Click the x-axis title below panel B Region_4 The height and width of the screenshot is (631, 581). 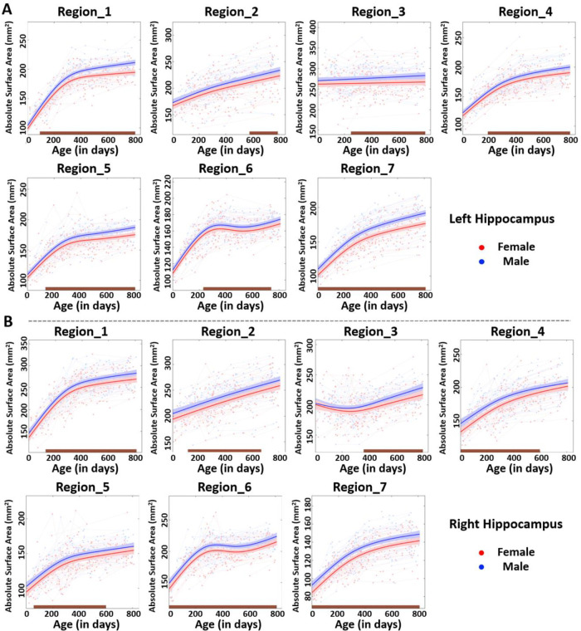coord(512,472)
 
